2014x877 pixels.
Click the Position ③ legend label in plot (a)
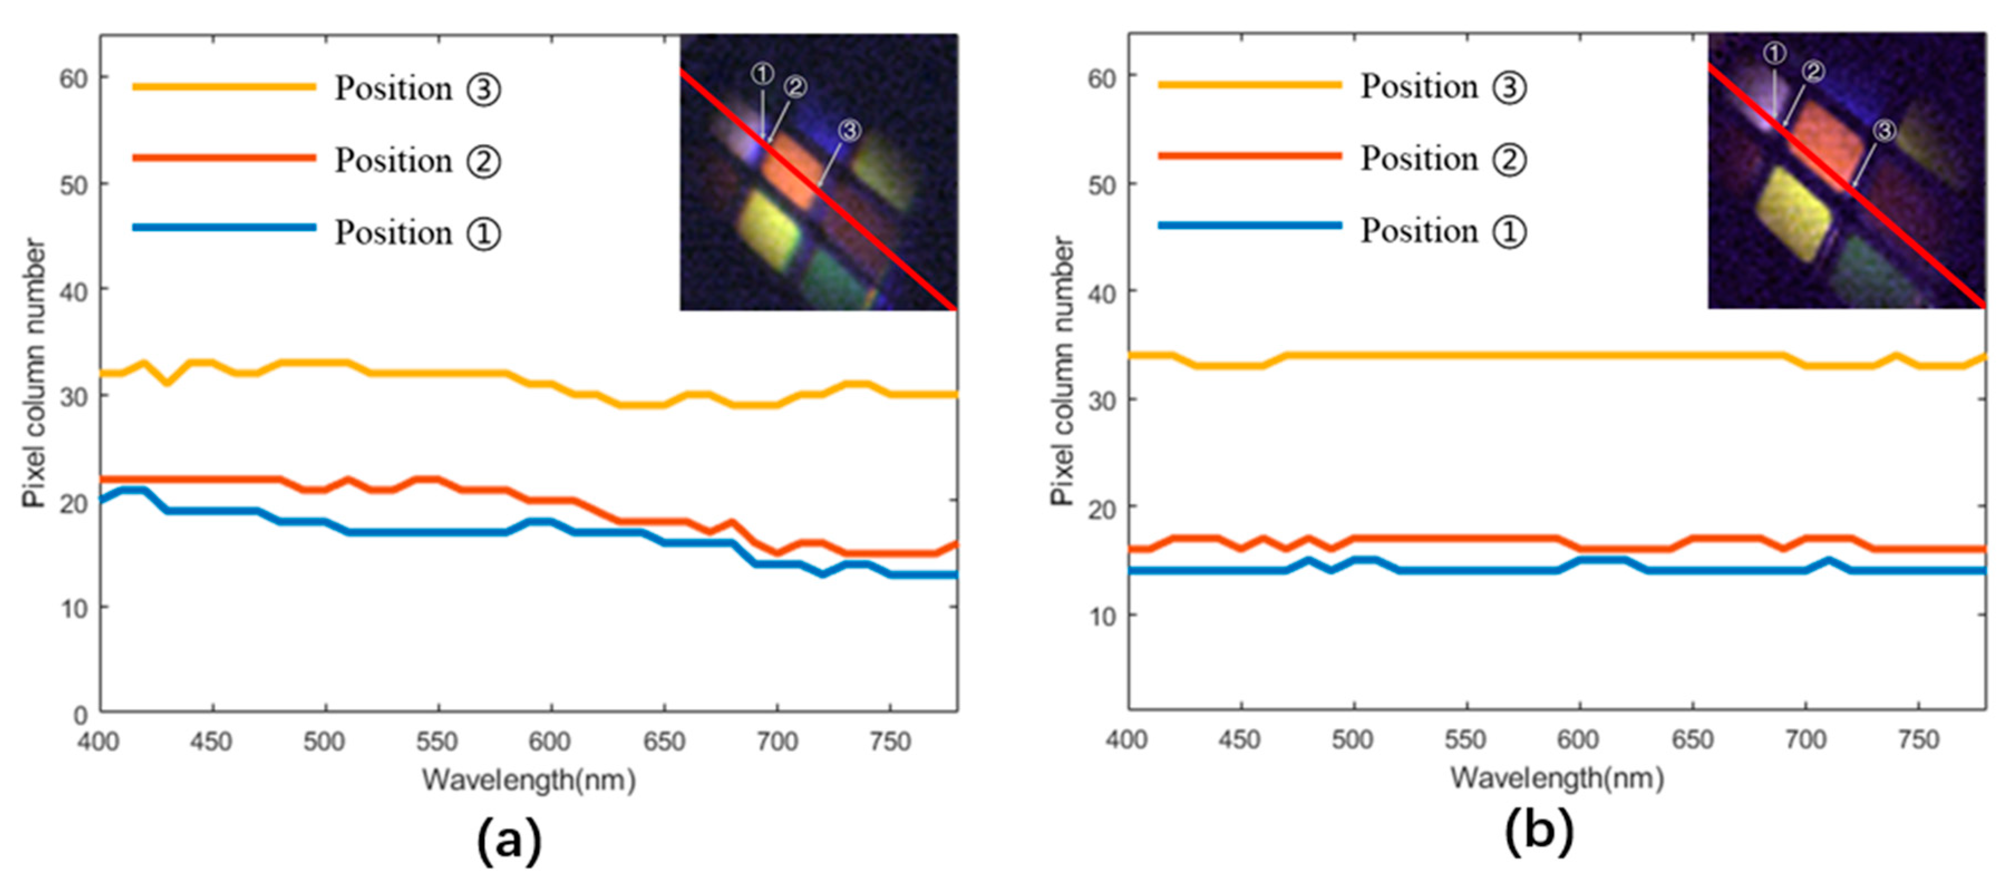417,89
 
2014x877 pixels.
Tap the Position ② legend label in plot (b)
1443,159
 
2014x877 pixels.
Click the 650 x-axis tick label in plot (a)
664,741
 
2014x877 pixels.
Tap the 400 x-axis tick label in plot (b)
1126,739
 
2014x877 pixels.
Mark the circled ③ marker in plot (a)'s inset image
850,130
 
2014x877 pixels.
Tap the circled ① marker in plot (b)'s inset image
1775,53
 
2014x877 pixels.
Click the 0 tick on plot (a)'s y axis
80,714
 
